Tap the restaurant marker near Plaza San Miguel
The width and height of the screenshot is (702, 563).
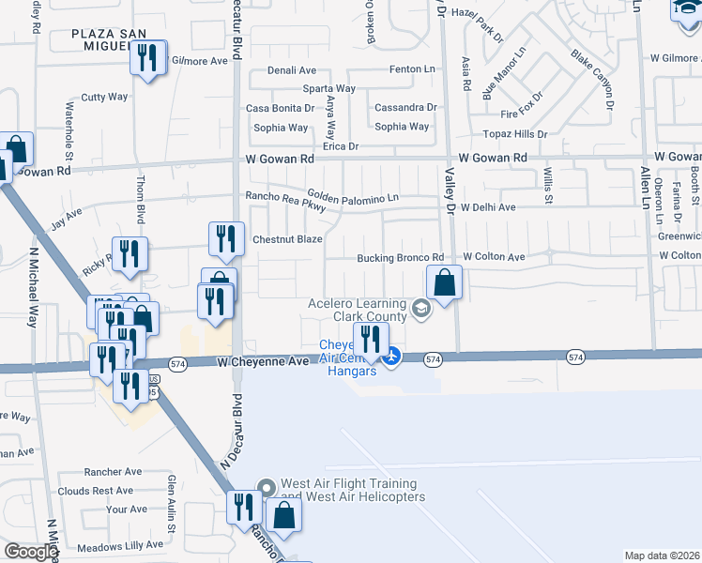[x=148, y=59]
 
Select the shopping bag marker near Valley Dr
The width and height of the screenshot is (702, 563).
[x=444, y=282]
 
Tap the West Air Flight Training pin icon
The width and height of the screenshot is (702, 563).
[x=266, y=487]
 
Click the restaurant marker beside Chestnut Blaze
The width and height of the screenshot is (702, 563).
[x=225, y=240]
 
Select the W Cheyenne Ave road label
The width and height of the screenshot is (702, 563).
[x=263, y=361]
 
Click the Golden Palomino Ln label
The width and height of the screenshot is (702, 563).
[x=353, y=197]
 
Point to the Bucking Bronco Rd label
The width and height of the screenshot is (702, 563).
[x=400, y=258]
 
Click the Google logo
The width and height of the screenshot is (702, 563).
[x=31, y=552]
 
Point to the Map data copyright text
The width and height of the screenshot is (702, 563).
[x=662, y=555]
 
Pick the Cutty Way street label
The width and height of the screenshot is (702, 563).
[x=104, y=97]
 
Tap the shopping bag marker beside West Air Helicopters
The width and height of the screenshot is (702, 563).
[x=283, y=516]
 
